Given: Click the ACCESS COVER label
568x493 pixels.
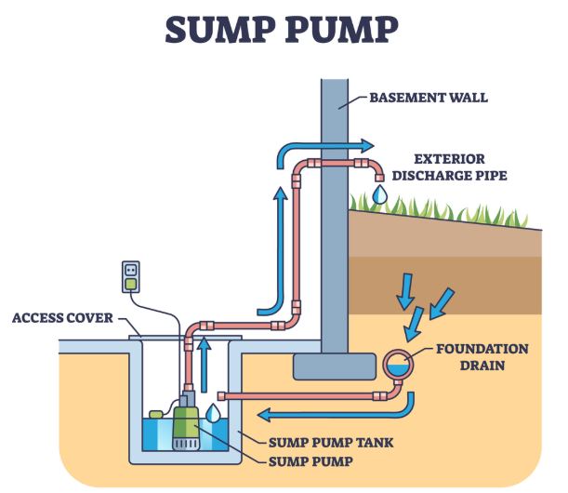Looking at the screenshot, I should [x=62, y=318].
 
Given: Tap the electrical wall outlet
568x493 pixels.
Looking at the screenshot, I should [x=132, y=274].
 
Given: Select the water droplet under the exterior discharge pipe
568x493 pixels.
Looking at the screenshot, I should [x=378, y=194].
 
